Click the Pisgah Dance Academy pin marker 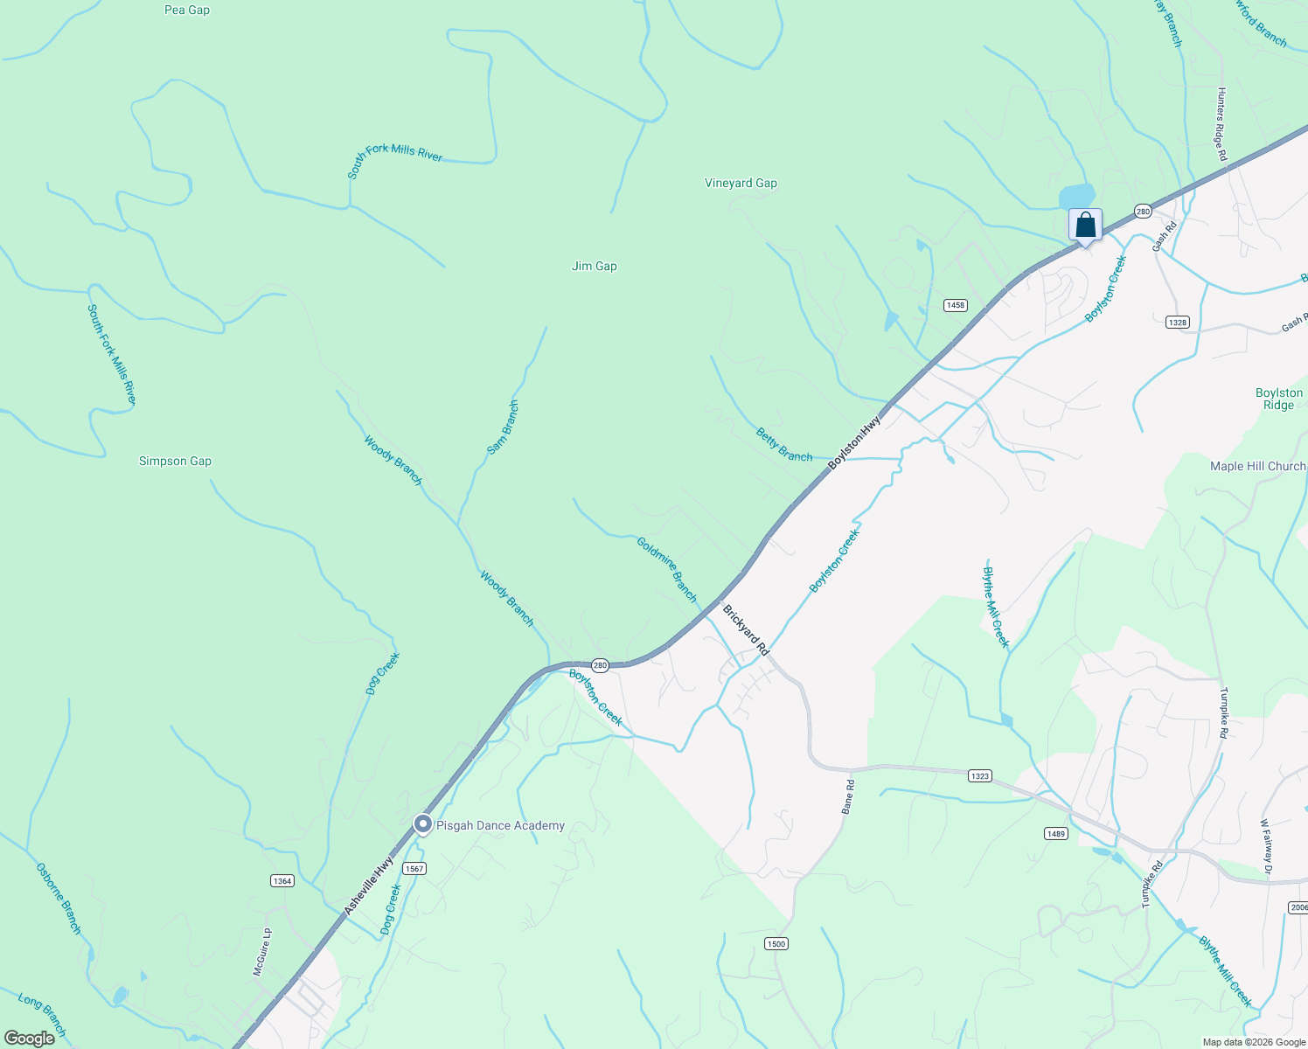pyautogui.click(x=422, y=824)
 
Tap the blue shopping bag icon pyautogui.click(x=1085, y=226)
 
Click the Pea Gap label pyautogui.click(x=187, y=10)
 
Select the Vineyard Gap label pyautogui.click(x=741, y=183)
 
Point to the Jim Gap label pyautogui.click(x=595, y=266)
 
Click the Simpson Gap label pyautogui.click(x=175, y=461)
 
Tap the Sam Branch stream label pyautogui.click(x=503, y=427)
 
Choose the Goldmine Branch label pyautogui.click(x=667, y=570)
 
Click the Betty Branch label pyautogui.click(x=784, y=445)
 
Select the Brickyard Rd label pyautogui.click(x=745, y=629)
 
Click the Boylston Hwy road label pyautogui.click(x=854, y=442)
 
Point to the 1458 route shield pyautogui.click(x=955, y=305)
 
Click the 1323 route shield pyautogui.click(x=979, y=775)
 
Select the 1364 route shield pyautogui.click(x=282, y=880)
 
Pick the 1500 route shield pyautogui.click(x=776, y=943)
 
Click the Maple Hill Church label pyautogui.click(x=1257, y=466)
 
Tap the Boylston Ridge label pyautogui.click(x=1278, y=399)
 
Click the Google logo pyautogui.click(x=30, y=1039)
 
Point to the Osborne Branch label pyautogui.click(x=59, y=899)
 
